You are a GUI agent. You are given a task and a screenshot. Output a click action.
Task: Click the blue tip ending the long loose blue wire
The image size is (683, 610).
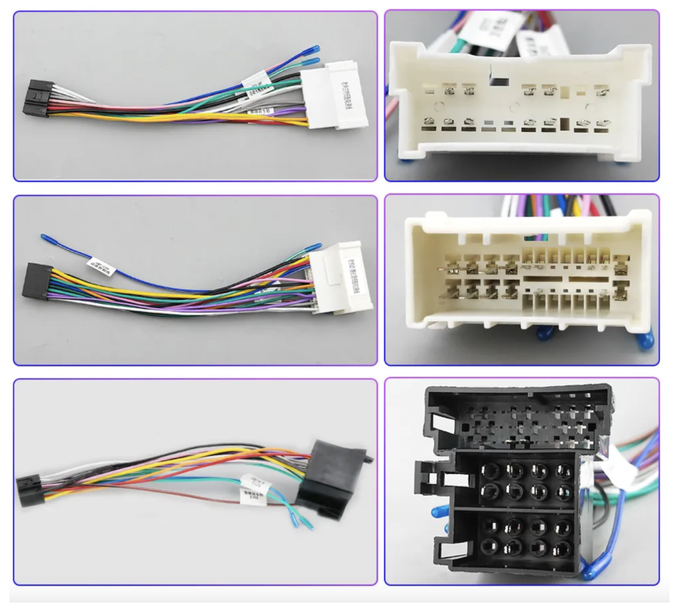coord(45,237)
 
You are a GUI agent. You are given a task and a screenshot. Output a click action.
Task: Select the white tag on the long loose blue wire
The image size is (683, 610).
coord(101,266)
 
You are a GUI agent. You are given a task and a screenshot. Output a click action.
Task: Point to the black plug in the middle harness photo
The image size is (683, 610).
coord(37,280)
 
